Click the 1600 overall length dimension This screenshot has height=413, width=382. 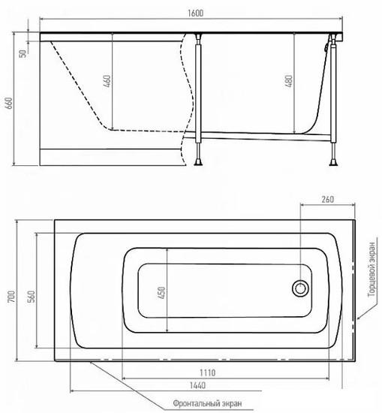[x=195, y=14]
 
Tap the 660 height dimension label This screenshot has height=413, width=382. [x=9, y=104]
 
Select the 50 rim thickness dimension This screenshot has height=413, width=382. [x=23, y=53]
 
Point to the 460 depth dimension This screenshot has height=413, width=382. [x=107, y=81]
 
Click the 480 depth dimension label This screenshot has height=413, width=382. [x=289, y=81]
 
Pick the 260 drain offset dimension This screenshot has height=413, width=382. [x=327, y=200]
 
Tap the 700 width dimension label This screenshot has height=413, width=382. [x=11, y=297]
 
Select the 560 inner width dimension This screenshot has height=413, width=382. [x=32, y=297]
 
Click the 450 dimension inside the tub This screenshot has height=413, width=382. [x=161, y=292]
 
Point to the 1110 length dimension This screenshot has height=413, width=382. [x=208, y=372]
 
